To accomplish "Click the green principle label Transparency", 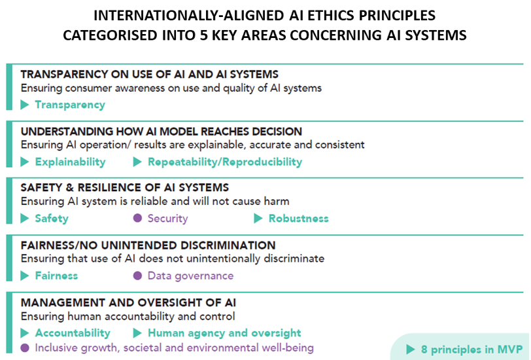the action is (x=70, y=105).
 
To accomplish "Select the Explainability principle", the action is (x=71, y=162).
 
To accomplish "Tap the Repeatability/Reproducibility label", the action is (x=225, y=162).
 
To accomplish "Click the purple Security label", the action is (x=167, y=219).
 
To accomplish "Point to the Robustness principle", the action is (x=298, y=219).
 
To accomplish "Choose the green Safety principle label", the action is (x=52, y=219).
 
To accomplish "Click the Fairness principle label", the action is (x=56, y=276).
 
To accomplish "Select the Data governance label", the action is (x=191, y=276).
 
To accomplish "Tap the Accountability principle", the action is (x=73, y=333).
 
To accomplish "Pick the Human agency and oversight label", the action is (x=224, y=333).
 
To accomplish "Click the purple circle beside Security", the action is (x=137, y=218).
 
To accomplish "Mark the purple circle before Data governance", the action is (x=137, y=276).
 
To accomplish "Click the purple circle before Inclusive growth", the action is (x=25, y=348).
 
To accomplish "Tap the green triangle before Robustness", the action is (x=258, y=219).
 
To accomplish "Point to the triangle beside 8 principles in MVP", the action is (x=410, y=349).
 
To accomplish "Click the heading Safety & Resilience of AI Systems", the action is (x=125, y=187).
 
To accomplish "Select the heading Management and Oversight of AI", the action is (x=128, y=302).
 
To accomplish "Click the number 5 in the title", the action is (x=203, y=35).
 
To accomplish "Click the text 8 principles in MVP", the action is (x=471, y=350).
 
